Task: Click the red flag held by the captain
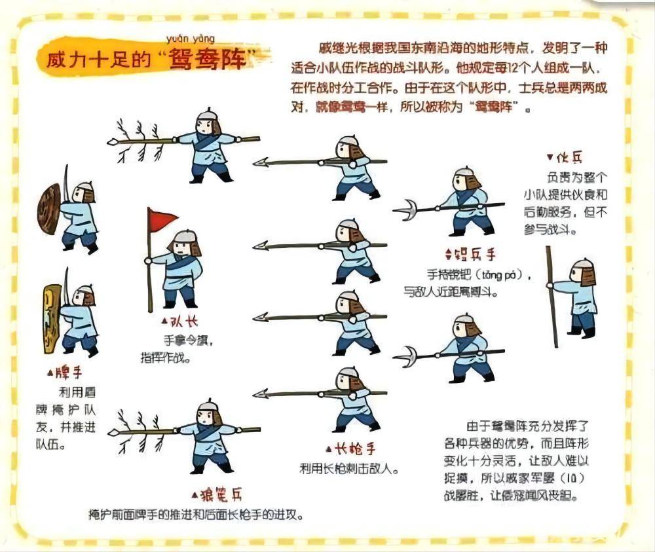click(162, 219)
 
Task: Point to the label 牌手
click(67, 373)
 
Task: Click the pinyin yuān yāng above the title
click(195, 39)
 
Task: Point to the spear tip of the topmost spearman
click(261, 162)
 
